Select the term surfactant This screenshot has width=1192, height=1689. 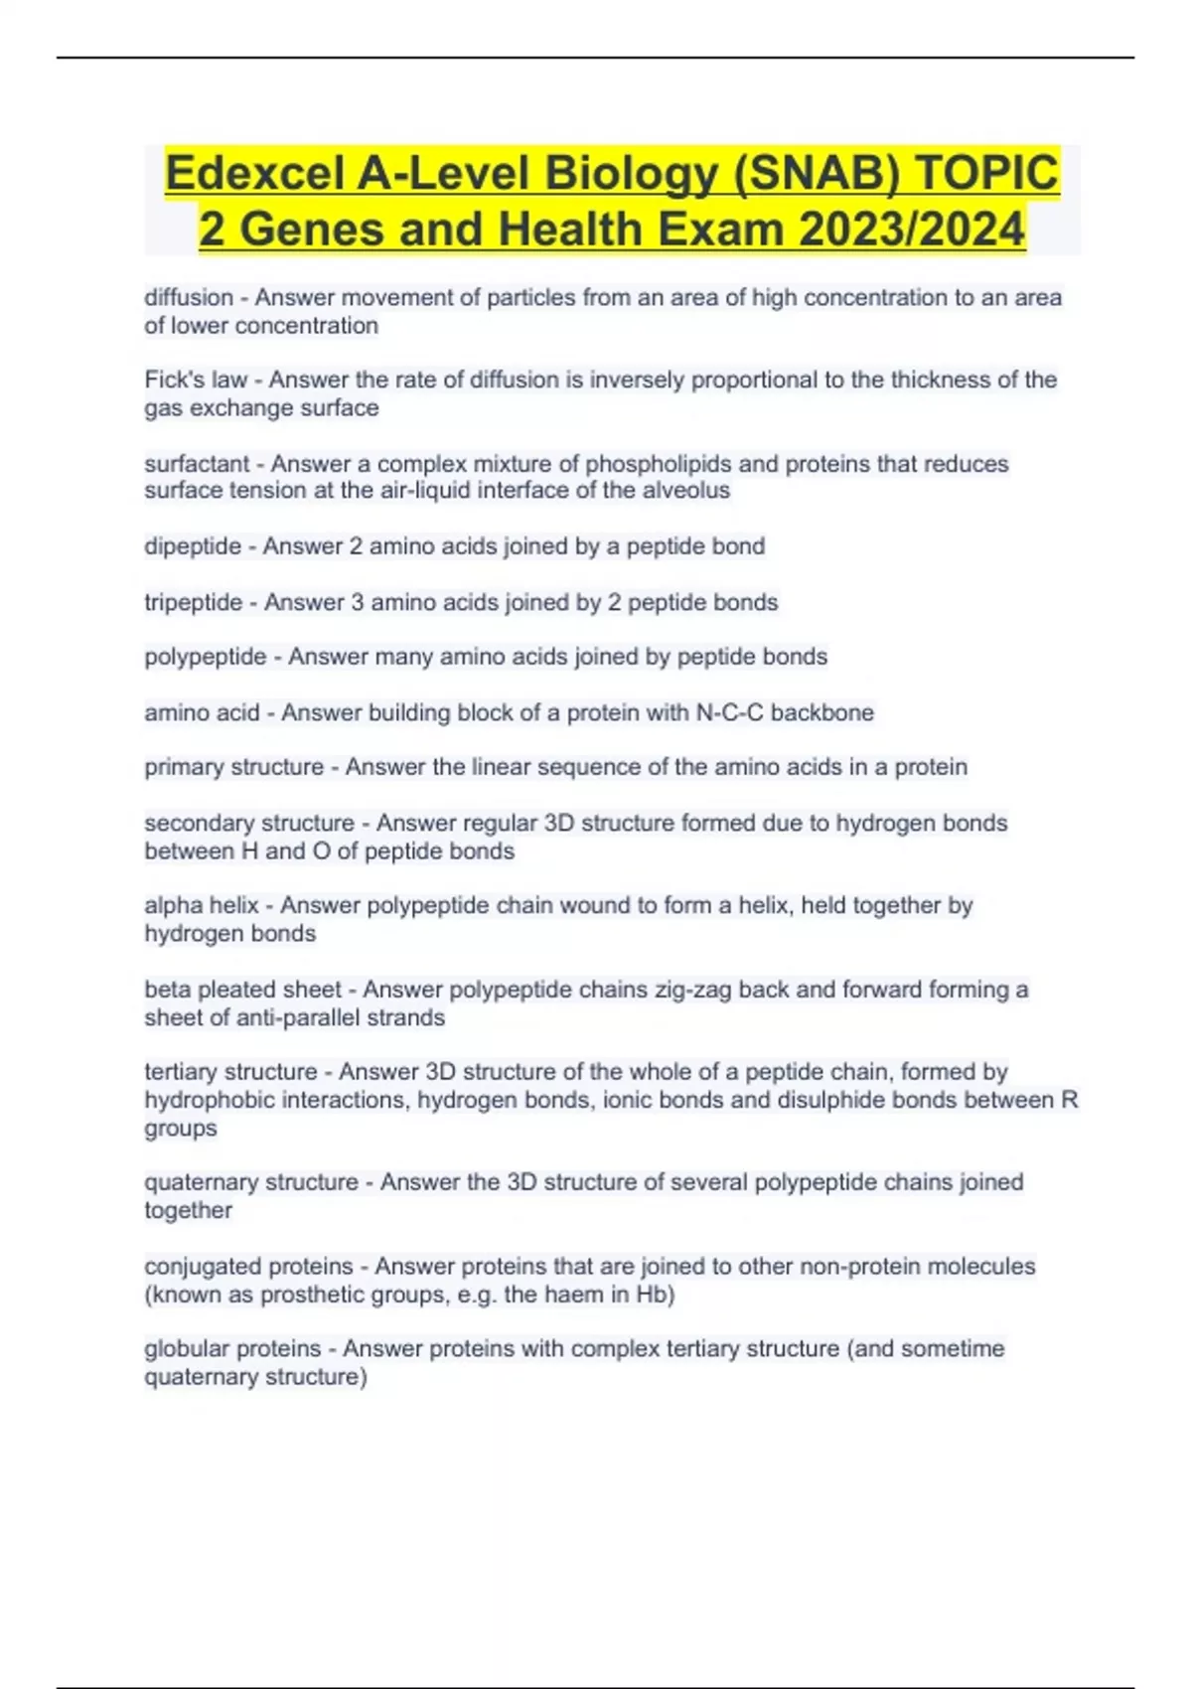pyautogui.click(x=197, y=464)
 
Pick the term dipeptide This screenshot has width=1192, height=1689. pyautogui.click(x=193, y=546)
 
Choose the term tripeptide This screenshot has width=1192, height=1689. pyautogui.click(x=194, y=602)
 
